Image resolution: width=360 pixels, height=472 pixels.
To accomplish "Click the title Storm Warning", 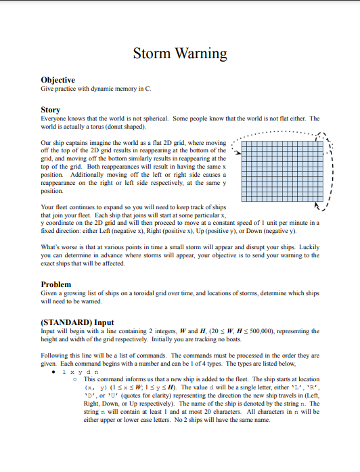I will pyautogui.click(x=179, y=53).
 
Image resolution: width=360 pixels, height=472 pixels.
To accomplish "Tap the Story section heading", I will pyautogui.click(x=50, y=109).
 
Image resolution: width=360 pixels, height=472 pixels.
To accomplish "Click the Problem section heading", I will pyautogui.click(x=56, y=284).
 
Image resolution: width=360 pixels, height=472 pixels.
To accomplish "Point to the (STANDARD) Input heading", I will pyautogui.click(x=78, y=322).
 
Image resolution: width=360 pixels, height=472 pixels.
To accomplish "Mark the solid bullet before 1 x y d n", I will pyautogui.click(x=55, y=372).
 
